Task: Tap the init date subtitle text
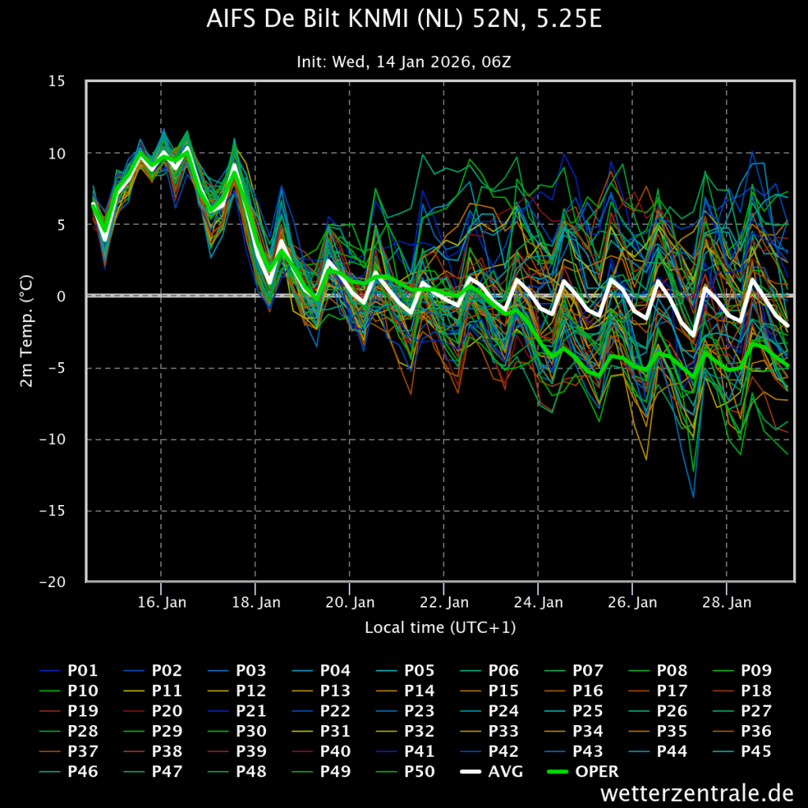pyautogui.click(x=404, y=62)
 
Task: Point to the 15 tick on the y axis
pyautogui.click(x=57, y=81)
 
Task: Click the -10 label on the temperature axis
pyautogui.click(x=52, y=439)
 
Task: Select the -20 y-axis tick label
pyautogui.click(x=52, y=582)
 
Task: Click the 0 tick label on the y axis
pyautogui.click(x=62, y=296)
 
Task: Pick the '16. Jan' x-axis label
pyautogui.click(x=162, y=602)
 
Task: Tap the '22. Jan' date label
pyautogui.click(x=444, y=602)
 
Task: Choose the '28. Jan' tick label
pyautogui.click(x=727, y=602)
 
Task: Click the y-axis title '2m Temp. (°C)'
pyautogui.click(x=26, y=331)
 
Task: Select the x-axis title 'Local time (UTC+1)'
pyautogui.click(x=440, y=627)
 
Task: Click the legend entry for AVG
pyautogui.click(x=492, y=771)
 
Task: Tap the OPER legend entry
pyautogui.click(x=583, y=771)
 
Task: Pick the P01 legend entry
pyautogui.click(x=69, y=670)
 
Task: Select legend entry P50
pyautogui.click(x=406, y=771)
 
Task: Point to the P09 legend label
pyautogui.click(x=742, y=670)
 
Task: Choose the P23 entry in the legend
pyautogui.click(x=406, y=711)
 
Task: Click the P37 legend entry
pyautogui.click(x=69, y=751)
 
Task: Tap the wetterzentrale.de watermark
pyautogui.click(x=697, y=792)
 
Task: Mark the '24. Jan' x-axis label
pyautogui.click(x=538, y=602)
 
